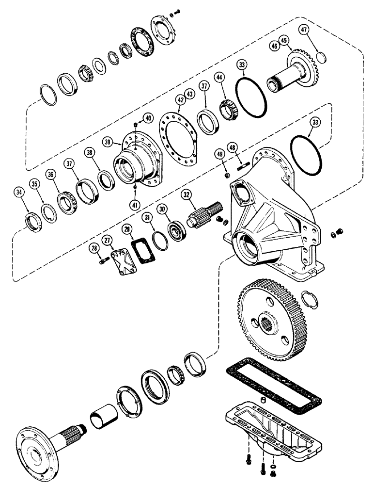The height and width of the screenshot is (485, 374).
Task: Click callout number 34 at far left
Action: [x=19, y=193]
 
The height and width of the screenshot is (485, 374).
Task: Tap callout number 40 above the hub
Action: [x=147, y=117]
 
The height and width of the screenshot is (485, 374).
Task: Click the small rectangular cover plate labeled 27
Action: [x=120, y=257]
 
